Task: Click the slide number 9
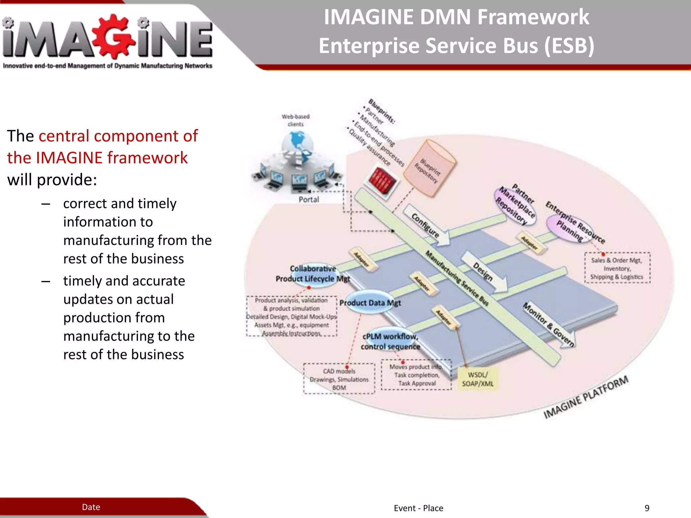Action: tap(647, 508)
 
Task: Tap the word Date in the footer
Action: tap(91, 507)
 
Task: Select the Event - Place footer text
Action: tap(418, 508)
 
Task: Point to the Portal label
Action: tap(309, 200)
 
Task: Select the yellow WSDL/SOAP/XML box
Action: tap(478, 379)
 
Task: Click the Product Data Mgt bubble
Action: tap(370, 303)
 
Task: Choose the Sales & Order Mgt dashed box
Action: tap(617, 268)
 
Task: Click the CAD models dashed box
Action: tap(339, 379)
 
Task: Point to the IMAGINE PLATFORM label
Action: tap(586, 397)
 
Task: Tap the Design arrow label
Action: tap(483, 272)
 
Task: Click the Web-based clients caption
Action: tap(296, 120)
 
